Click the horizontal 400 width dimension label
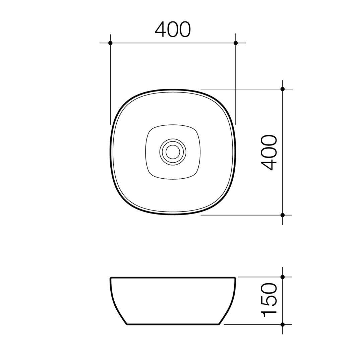point(173,29)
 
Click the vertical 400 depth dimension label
point(269,153)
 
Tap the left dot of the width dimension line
point(110,43)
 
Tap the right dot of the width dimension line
point(236,43)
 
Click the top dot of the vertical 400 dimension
point(283,89)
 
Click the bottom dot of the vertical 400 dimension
point(283,215)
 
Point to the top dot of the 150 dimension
point(283,277)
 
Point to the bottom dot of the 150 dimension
point(283,324)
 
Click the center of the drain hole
point(173,152)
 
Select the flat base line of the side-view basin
point(173,324)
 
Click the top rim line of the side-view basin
point(173,278)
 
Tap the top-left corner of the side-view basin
point(111,278)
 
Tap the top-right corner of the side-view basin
point(235,278)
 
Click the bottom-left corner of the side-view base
point(127,324)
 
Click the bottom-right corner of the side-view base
point(219,324)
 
